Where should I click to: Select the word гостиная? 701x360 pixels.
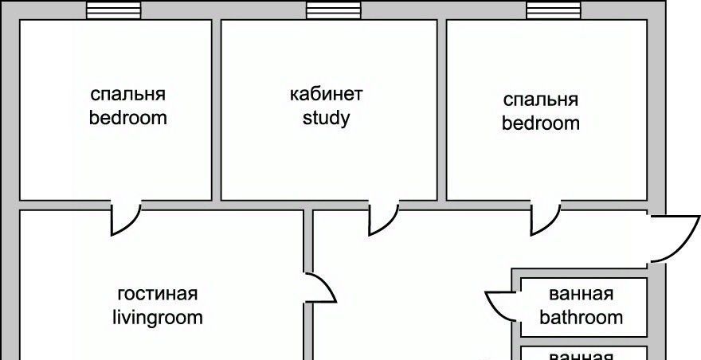[x=157, y=293]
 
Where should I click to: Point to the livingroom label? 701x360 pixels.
[x=157, y=318]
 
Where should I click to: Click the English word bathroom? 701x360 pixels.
[x=581, y=318]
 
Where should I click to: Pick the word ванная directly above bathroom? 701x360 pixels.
[x=581, y=294]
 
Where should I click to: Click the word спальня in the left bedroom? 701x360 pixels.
[x=127, y=94]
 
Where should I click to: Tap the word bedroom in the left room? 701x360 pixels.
[x=127, y=119]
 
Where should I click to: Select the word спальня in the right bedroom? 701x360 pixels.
[x=540, y=100]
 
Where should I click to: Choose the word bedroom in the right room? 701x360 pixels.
[x=540, y=124]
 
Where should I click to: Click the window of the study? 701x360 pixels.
[x=333, y=10]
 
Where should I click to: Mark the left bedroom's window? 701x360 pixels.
[x=113, y=10]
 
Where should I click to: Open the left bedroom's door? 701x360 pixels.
[x=124, y=217]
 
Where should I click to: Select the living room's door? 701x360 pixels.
[x=319, y=288]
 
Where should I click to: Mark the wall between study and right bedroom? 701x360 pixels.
[x=441, y=110]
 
